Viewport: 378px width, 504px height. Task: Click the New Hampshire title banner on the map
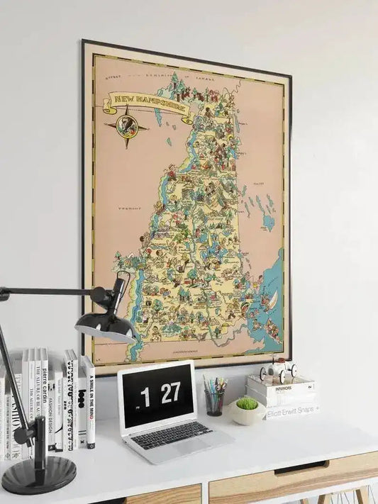click(147, 105)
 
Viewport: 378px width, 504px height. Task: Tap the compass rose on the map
click(127, 128)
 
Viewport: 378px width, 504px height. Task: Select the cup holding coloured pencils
click(213, 403)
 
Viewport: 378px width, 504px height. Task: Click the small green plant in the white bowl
click(247, 403)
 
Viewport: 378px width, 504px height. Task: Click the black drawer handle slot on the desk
click(301, 468)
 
